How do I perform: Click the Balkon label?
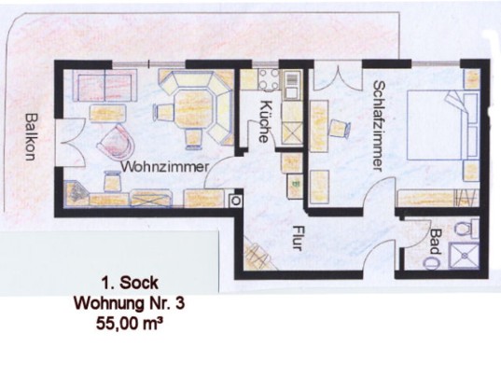(32, 137)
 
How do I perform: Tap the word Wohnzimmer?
(166, 167)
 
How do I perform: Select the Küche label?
(265, 121)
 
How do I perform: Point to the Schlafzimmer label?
(378, 126)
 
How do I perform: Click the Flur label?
(298, 238)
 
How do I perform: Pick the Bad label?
(435, 242)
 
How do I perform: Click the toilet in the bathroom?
(466, 228)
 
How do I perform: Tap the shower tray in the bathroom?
(464, 256)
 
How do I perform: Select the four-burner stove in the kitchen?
(269, 79)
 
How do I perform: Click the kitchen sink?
(292, 85)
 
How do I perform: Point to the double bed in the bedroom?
(442, 125)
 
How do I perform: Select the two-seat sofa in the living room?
(104, 85)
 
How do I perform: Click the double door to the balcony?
(69, 143)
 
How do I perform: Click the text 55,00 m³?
(128, 325)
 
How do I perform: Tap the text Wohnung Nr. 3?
(130, 303)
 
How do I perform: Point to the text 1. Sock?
(130, 283)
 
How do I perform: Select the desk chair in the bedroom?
(340, 129)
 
